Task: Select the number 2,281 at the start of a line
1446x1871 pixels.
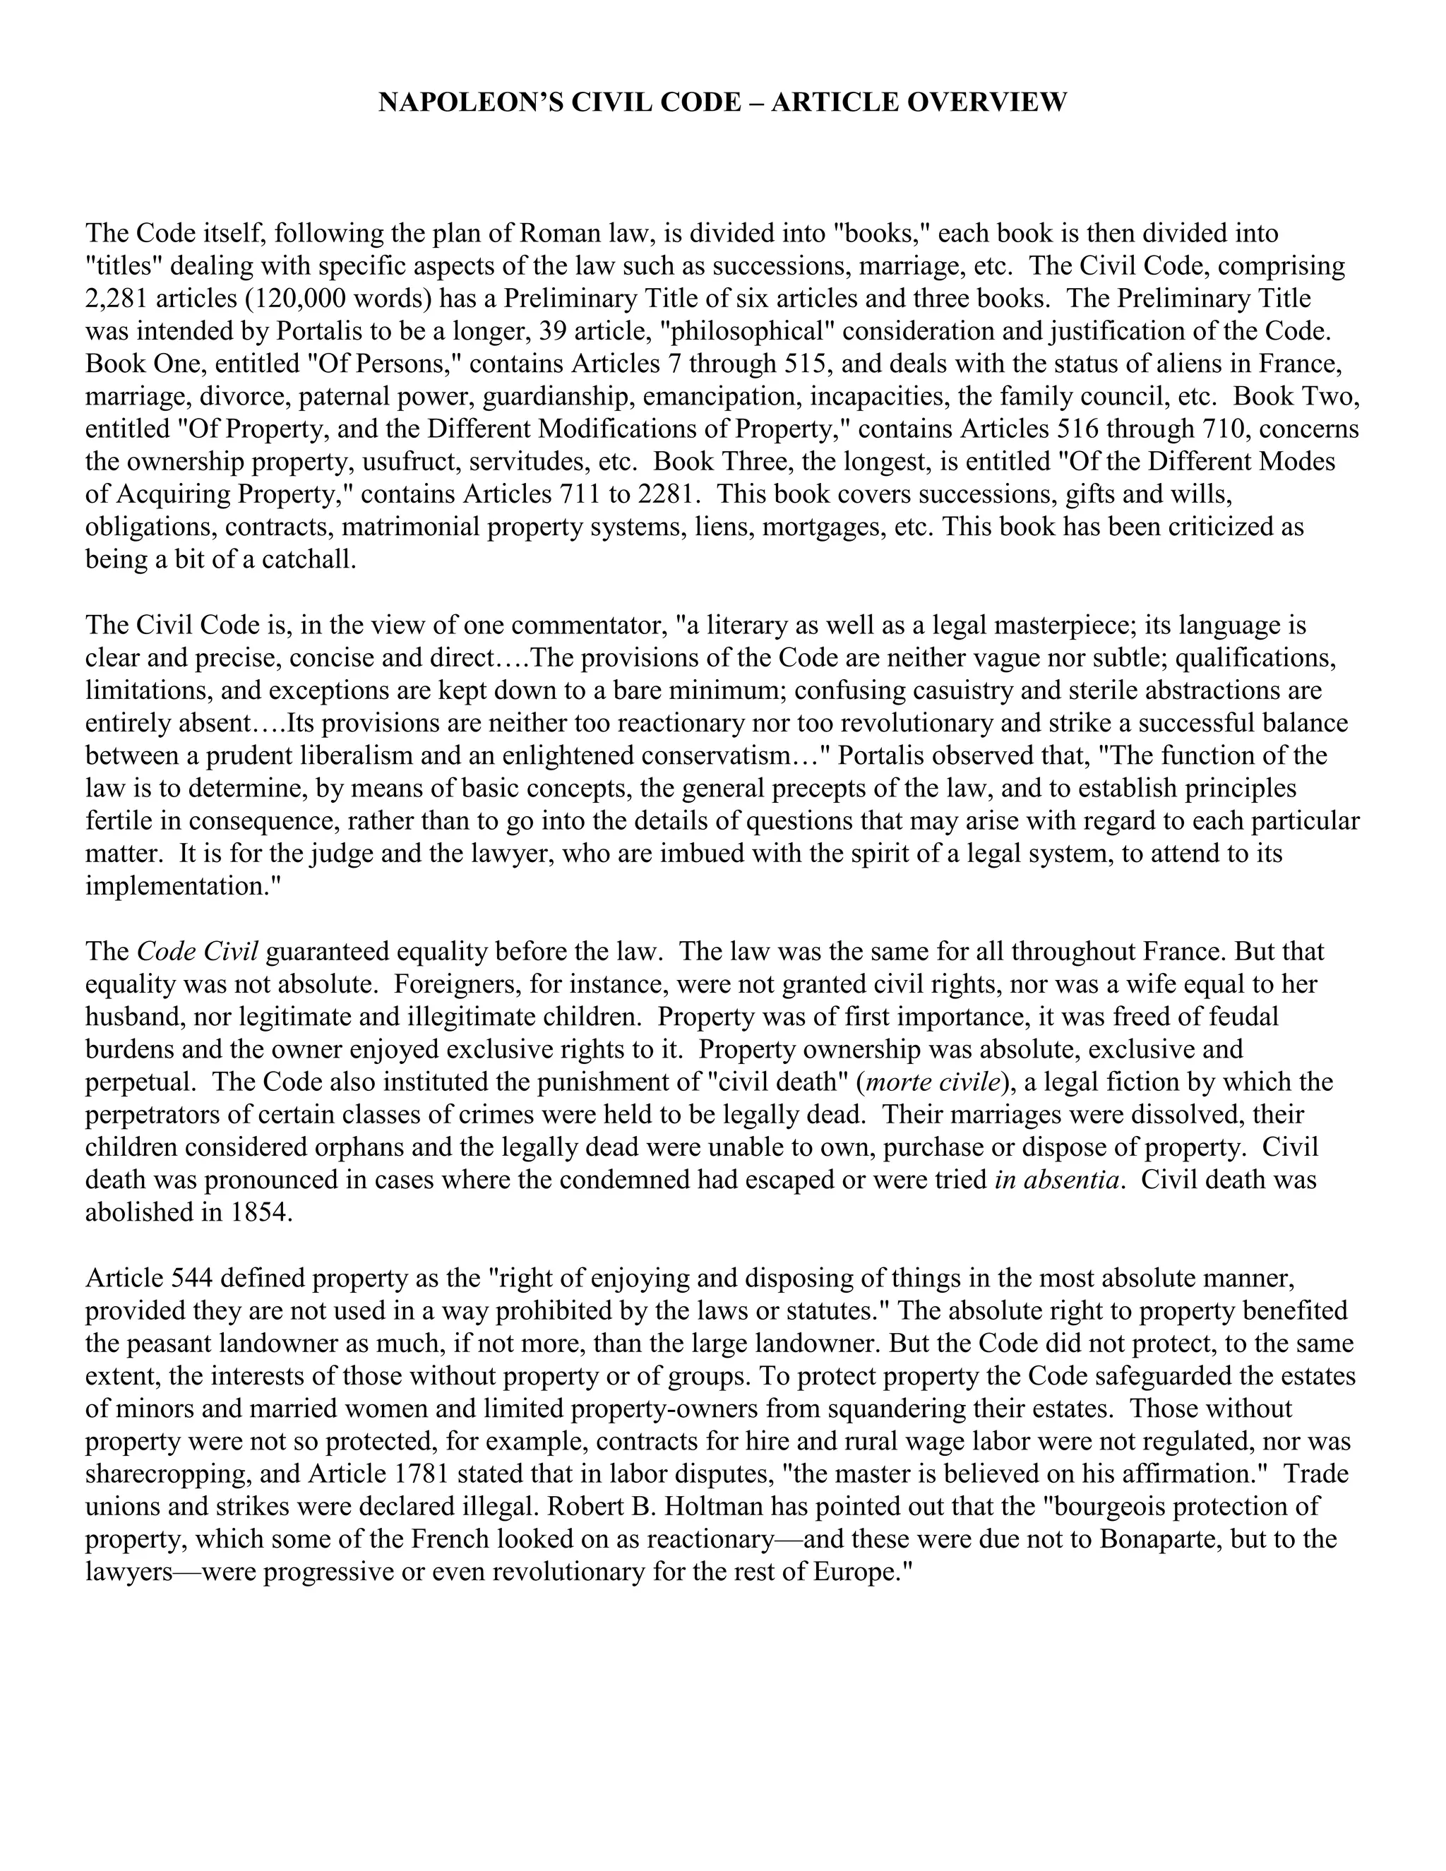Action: (x=116, y=299)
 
